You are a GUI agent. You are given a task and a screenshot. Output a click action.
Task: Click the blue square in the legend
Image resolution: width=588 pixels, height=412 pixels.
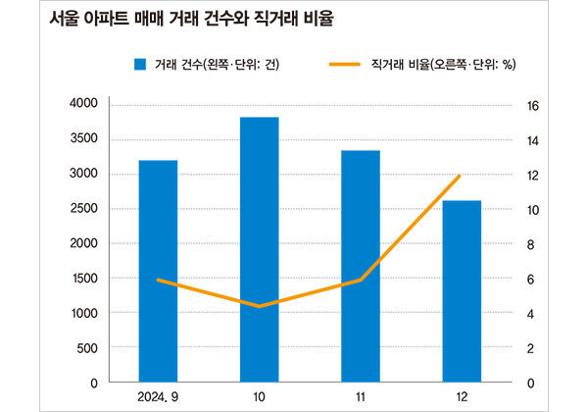coord(140,66)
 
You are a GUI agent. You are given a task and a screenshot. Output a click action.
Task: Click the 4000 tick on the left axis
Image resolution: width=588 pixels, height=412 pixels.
coord(84,104)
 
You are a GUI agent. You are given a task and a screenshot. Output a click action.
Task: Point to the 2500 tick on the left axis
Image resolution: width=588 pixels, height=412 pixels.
coord(84,208)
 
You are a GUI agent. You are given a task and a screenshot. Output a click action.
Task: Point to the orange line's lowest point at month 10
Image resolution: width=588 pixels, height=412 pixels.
coord(259,306)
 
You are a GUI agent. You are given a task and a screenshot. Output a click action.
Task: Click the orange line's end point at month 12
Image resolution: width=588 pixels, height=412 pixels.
coord(460,176)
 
